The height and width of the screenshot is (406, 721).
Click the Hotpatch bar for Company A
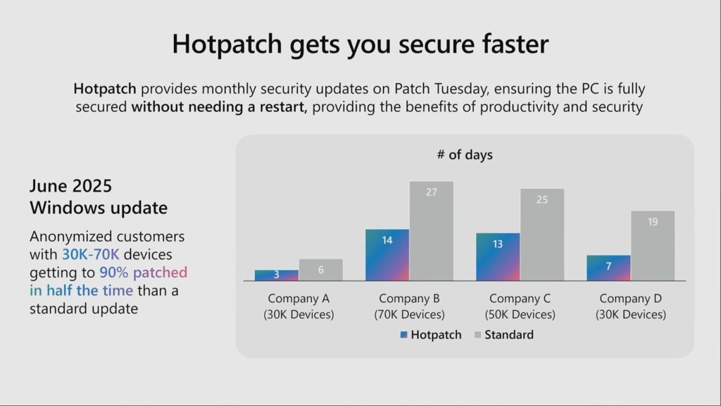(x=276, y=275)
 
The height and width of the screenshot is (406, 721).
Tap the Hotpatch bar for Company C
(x=498, y=257)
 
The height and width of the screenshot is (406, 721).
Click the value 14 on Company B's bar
(x=387, y=240)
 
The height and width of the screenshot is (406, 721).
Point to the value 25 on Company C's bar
(x=542, y=199)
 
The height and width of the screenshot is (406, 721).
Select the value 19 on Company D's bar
(x=653, y=222)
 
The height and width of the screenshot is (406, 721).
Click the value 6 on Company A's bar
(x=321, y=270)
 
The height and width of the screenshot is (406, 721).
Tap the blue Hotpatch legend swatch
(x=403, y=335)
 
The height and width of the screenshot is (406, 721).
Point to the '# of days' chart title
(x=465, y=155)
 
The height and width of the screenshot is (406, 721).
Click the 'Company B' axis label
(x=409, y=299)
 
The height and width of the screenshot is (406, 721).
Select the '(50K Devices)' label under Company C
(x=520, y=314)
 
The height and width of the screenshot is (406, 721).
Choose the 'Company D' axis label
(x=630, y=299)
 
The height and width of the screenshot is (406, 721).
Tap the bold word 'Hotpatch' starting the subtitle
(x=105, y=90)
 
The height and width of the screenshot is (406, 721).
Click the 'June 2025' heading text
(x=70, y=186)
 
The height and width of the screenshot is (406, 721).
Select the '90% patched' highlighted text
(x=143, y=272)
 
